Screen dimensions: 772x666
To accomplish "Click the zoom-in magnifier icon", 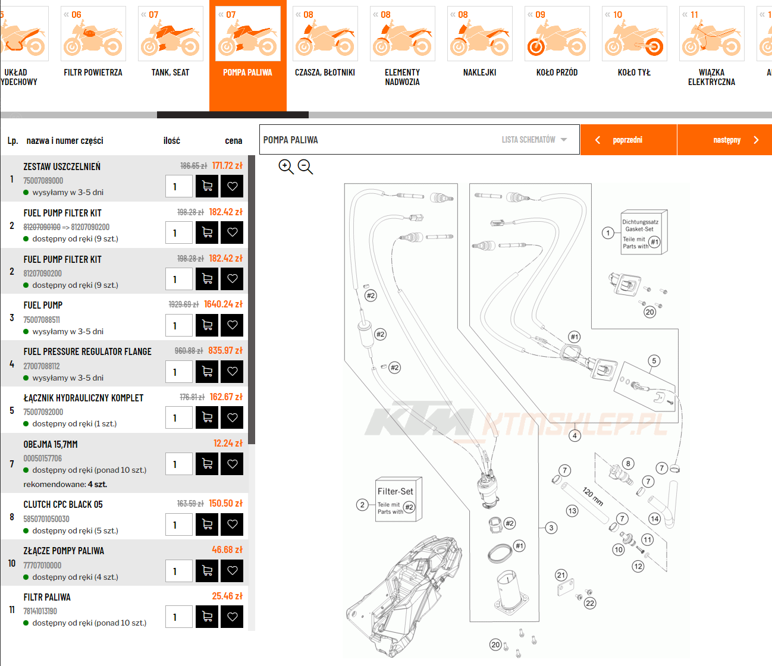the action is (x=285, y=166).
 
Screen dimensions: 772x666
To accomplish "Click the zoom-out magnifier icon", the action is (x=305, y=166).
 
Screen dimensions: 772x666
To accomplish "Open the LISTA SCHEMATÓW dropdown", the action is (x=535, y=140).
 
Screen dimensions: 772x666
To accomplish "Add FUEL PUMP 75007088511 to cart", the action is (x=207, y=325).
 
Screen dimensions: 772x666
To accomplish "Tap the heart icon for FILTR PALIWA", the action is (x=232, y=617).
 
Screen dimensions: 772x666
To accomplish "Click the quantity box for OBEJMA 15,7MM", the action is (x=179, y=464).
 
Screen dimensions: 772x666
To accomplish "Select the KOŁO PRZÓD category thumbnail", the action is (x=557, y=34).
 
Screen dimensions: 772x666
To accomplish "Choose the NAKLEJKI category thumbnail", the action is (x=479, y=34).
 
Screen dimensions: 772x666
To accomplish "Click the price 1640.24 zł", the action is (x=224, y=304).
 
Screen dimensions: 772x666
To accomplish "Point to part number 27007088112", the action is (x=42, y=366).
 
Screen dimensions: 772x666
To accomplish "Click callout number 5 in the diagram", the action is (x=654, y=361).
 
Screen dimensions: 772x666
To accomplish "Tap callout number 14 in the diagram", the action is (x=654, y=519).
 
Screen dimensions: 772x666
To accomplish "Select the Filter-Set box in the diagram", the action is (x=398, y=499).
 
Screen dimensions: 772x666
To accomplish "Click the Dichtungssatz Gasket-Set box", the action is (x=644, y=233).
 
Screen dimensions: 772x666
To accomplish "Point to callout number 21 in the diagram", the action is (x=561, y=575).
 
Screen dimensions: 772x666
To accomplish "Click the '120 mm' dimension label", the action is (x=593, y=496).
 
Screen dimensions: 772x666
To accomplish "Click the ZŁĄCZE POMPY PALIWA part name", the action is (x=64, y=551).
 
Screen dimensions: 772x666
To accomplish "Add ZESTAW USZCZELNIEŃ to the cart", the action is (x=207, y=186).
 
